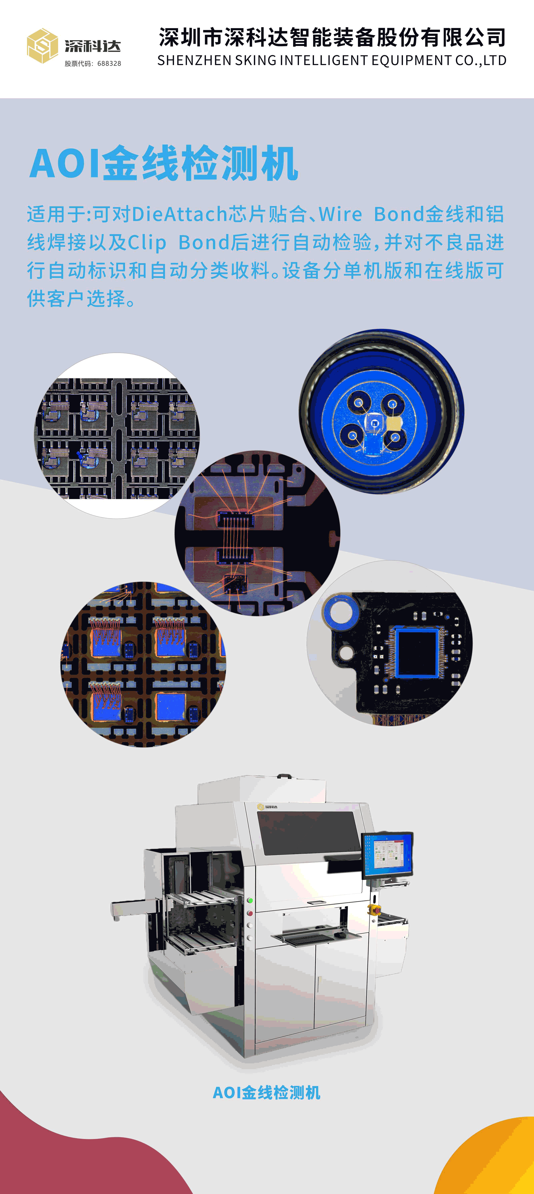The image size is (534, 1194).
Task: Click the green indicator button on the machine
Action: click(x=250, y=900)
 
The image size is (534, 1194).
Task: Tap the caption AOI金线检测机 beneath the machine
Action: click(x=266, y=1093)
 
